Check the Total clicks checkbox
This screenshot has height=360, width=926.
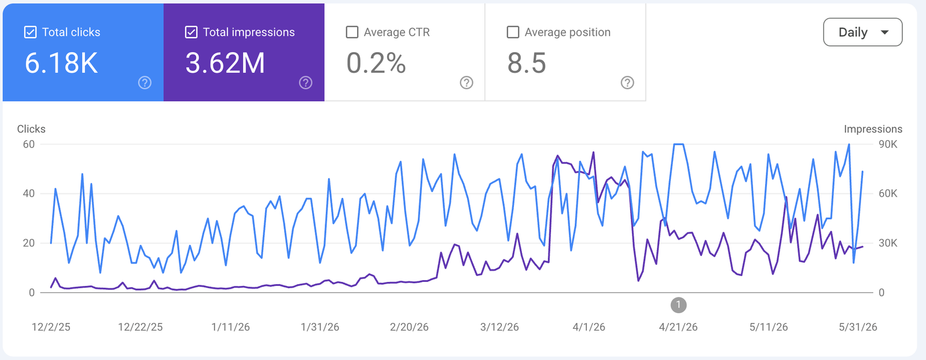30,32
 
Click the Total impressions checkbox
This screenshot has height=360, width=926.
191,32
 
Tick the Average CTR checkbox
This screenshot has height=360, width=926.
352,32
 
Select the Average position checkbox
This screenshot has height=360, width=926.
513,32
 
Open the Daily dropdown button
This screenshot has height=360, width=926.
863,32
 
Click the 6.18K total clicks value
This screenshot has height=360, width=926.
61,63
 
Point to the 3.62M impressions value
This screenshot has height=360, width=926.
225,63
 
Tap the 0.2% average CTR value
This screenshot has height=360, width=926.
376,63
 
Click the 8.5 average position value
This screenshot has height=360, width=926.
527,63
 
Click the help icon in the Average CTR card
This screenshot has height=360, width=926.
466,83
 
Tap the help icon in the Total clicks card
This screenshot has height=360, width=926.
145,83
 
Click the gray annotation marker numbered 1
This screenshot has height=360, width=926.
678,305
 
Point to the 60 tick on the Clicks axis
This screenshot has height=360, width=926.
28,144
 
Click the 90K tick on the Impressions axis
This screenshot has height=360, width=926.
888,144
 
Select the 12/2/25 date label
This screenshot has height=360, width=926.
51,327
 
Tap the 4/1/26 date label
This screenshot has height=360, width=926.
589,327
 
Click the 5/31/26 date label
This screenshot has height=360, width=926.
858,327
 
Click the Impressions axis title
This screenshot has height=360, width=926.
873,129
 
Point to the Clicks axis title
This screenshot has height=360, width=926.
31,129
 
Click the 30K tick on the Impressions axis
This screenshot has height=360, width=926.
888,243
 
